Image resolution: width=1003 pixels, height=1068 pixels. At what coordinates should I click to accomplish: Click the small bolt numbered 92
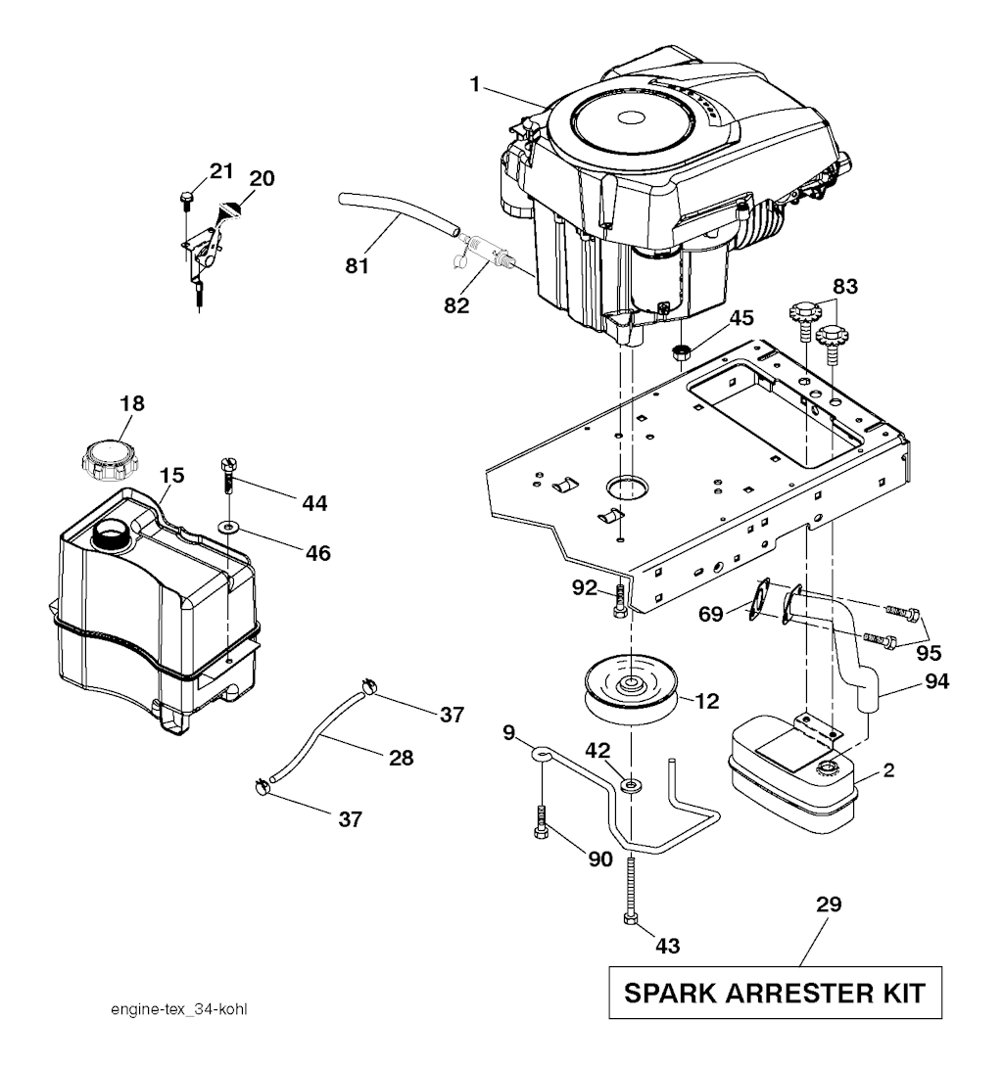[617, 600]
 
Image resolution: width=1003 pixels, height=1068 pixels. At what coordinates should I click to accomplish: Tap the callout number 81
[358, 264]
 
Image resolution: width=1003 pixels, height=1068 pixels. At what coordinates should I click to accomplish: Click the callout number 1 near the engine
[474, 85]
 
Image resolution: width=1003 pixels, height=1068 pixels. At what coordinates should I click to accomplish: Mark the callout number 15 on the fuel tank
[171, 475]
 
